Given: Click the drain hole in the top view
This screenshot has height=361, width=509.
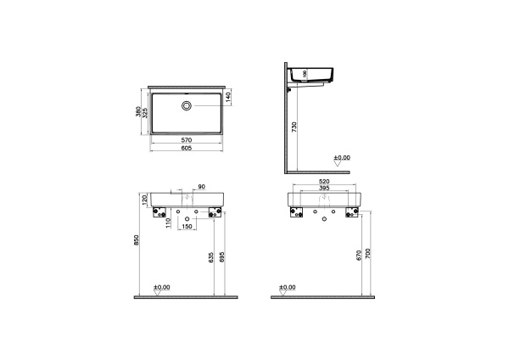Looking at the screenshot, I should pos(187,106).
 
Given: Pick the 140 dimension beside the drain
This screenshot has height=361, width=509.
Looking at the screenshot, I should pos(228,99).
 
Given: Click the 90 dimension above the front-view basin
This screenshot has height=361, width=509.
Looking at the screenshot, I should pos(201,187).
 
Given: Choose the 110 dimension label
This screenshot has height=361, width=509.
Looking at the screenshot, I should pos(169,222).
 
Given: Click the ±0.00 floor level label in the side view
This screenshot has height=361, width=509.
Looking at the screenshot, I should pos(341,158).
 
